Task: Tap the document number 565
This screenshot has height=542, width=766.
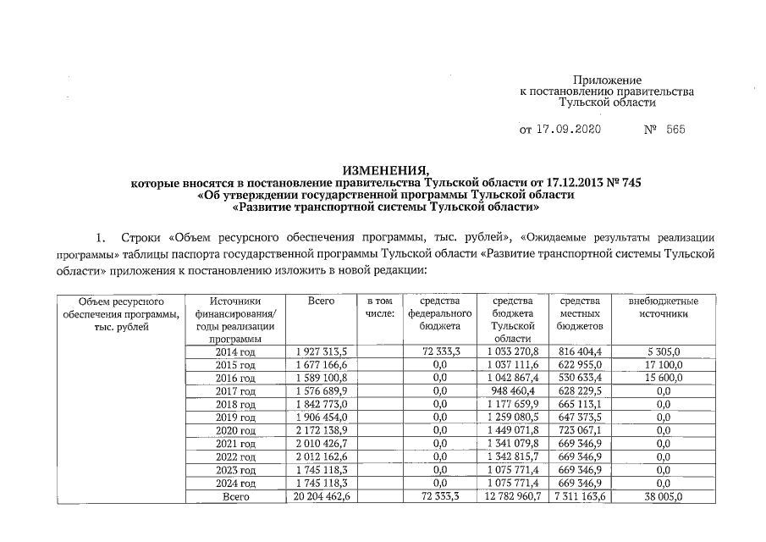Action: tap(675, 130)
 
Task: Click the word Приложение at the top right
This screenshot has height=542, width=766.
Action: tap(608, 79)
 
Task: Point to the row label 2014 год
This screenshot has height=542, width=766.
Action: tap(235, 351)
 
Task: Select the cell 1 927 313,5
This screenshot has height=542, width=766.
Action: tap(323, 351)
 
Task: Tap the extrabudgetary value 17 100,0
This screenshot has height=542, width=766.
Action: tap(664, 364)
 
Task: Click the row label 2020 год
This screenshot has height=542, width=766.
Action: tap(235, 431)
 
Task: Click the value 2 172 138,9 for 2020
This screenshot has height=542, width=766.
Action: tap(323, 431)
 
